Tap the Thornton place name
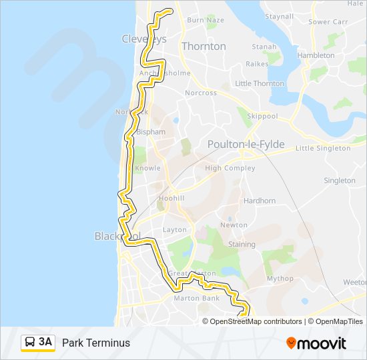(204, 47)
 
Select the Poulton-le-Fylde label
(246, 145)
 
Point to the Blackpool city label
(117, 237)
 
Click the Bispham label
(150, 132)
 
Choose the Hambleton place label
(316, 56)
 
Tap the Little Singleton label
(322, 148)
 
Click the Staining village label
(242, 245)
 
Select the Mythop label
(280, 279)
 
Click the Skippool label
(262, 115)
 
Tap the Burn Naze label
(206, 20)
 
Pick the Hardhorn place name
(260, 201)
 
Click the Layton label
(174, 230)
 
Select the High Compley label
(230, 169)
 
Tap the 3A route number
(45, 342)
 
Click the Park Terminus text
(96, 343)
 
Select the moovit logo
(316, 343)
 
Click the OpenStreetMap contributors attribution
(256, 321)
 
